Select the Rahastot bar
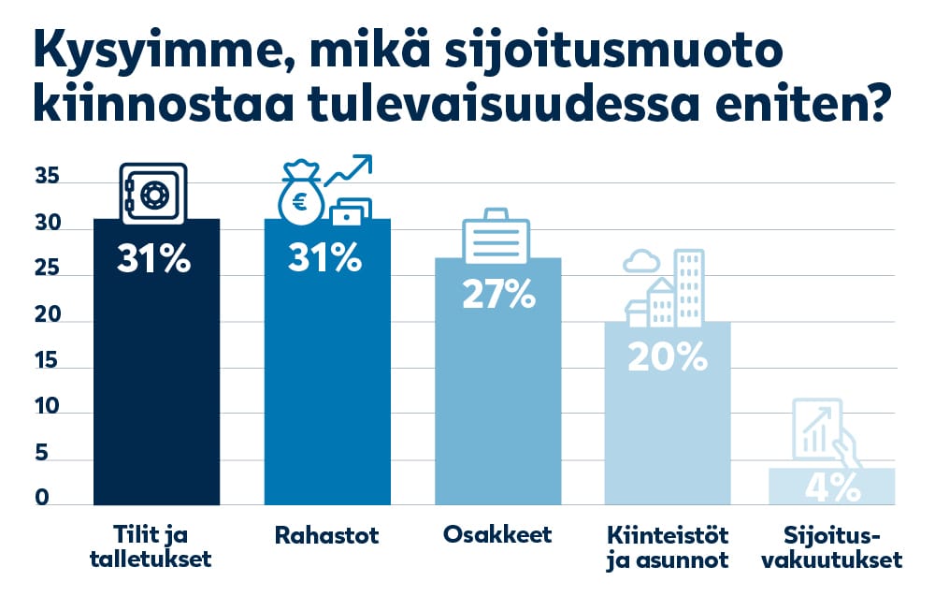click(327, 393)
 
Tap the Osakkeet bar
click(499, 412)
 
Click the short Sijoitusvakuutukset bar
click(832, 487)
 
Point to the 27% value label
click(499, 295)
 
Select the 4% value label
click(832, 487)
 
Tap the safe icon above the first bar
click(154, 194)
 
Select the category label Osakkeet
click(497, 536)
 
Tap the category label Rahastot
click(326, 536)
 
